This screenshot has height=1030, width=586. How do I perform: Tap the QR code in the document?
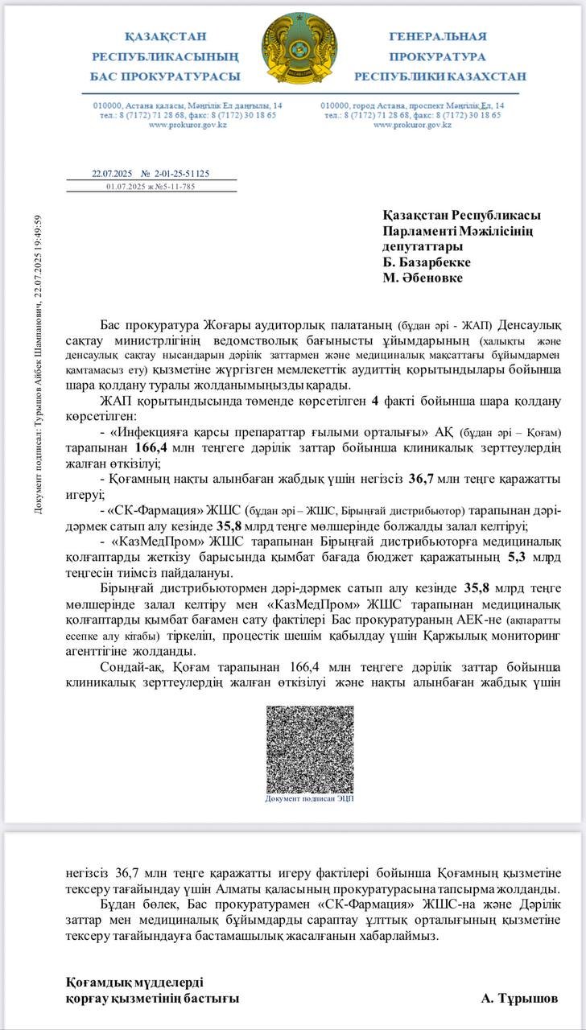tap(310, 748)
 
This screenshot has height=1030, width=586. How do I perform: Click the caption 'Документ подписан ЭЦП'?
tap(310, 798)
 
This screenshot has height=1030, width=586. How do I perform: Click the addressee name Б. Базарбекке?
tap(427, 262)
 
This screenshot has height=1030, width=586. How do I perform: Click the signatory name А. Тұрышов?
tap(519, 998)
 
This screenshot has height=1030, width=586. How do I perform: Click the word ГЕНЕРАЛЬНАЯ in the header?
tap(438, 36)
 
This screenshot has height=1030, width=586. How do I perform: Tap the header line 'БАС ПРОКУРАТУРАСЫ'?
tap(166, 76)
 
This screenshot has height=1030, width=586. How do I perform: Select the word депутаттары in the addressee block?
tap(423, 246)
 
